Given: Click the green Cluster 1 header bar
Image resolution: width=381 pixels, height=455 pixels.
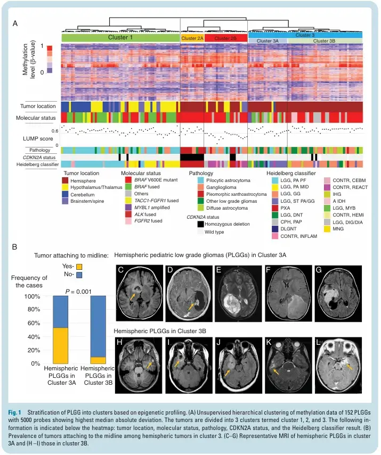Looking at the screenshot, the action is [x=120, y=37].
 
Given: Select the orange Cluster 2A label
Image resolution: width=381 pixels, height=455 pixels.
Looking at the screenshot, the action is [x=192, y=38].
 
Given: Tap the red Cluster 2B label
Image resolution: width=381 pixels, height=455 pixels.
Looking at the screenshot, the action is [x=225, y=38].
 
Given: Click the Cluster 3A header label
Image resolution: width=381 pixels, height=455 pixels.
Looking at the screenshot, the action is [x=267, y=41].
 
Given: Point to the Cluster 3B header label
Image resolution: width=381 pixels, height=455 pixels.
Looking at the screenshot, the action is [x=325, y=41].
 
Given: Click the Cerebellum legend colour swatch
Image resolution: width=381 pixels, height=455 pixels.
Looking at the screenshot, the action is [x=65, y=194].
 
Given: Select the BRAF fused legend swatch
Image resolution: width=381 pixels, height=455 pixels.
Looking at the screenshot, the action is [x=128, y=187].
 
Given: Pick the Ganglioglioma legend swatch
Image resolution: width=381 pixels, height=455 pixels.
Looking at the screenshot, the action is [x=200, y=187].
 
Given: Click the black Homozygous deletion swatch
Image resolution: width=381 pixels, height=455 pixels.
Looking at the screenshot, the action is [x=200, y=224].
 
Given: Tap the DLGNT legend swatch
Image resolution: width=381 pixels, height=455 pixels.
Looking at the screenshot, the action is [x=275, y=229].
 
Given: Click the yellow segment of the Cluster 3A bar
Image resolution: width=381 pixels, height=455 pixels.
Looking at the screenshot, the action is [x=60, y=345].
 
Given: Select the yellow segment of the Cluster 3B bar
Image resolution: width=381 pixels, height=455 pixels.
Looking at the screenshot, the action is [x=98, y=360].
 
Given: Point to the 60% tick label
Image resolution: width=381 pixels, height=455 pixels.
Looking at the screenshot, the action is [x=34, y=323].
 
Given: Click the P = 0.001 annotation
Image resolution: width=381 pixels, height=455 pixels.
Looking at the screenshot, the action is [x=78, y=291].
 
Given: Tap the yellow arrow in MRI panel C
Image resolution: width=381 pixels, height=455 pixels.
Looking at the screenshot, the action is [x=132, y=296].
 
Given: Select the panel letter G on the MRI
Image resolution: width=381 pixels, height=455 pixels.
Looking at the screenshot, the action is [x=319, y=270].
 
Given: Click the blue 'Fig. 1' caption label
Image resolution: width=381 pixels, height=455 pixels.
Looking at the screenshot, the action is [x=14, y=412].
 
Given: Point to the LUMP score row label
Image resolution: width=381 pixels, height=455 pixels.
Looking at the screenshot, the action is [x=38, y=139].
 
